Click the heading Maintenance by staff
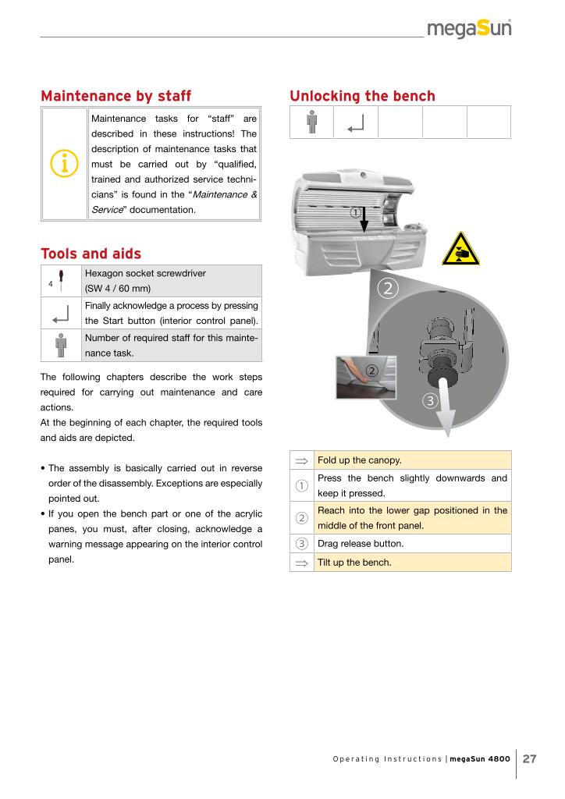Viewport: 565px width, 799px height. (x=115, y=96)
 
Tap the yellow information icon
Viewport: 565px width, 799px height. (x=63, y=164)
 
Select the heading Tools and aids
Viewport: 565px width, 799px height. (x=91, y=254)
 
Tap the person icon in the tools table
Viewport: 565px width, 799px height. (x=61, y=345)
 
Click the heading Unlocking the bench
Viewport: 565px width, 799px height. (x=362, y=96)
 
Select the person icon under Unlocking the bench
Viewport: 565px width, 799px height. (x=311, y=123)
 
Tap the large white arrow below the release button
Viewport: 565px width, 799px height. (x=446, y=406)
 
